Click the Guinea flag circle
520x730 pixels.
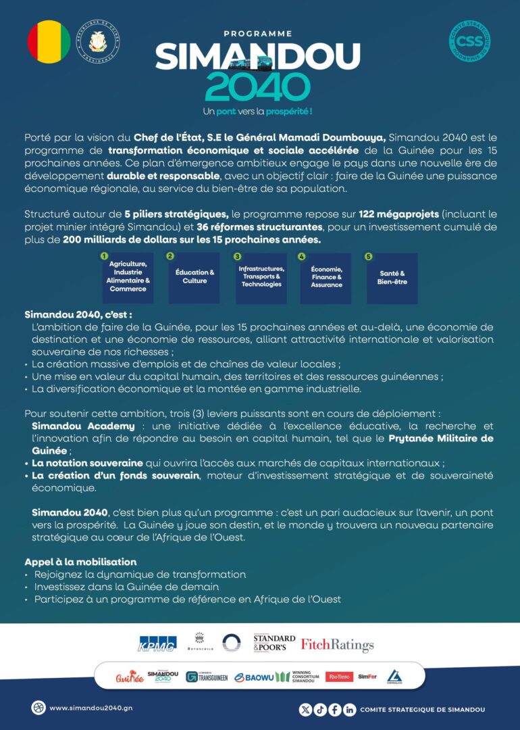pyautogui.click(x=49, y=42)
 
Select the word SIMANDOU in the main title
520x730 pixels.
pyautogui.click(x=257, y=57)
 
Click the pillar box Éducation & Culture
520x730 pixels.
pyautogui.click(x=194, y=277)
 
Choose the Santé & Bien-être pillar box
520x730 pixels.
pyautogui.click(x=392, y=278)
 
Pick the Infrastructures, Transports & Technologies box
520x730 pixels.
pyautogui.click(x=261, y=277)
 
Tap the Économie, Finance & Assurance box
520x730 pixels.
pyautogui.click(x=326, y=277)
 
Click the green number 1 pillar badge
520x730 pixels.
pyautogui.click(x=105, y=257)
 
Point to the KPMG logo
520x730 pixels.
pyautogui.click(x=157, y=644)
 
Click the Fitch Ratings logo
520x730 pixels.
pyautogui.click(x=337, y=645)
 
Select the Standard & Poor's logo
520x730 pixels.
pyautogui.click(x=274, y=643)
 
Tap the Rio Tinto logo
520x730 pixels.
pyautogui.click(x=339, y=677)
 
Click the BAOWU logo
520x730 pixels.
pyautogui.click(x=256, y=677)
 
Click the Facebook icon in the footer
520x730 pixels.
pyautogui.click(x=334, y=709)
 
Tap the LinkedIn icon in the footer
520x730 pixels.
pyautogui.click(x=349, y=709)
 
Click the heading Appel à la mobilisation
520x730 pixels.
pyautogui.click(x=80, y=562)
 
